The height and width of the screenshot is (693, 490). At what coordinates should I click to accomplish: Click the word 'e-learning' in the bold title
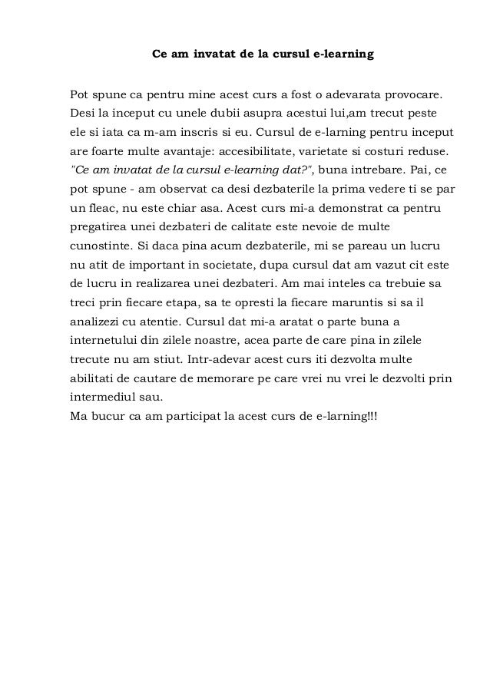pos(345,55)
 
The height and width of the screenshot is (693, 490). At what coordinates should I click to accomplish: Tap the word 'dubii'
pos(212,114)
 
